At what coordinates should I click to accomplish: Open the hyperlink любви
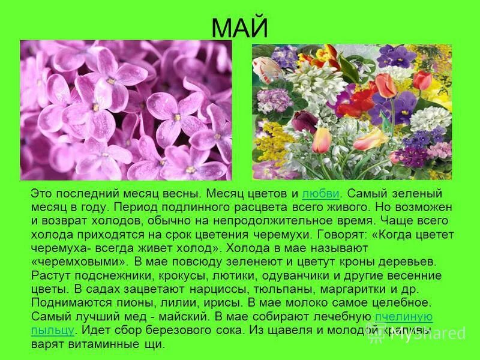[321, 194]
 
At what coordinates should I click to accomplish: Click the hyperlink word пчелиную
[403, 317]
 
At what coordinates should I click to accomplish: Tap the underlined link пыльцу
[52, 331]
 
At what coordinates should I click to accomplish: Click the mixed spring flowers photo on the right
[352, 112]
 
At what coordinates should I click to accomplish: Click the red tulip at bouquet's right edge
[422, 80]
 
